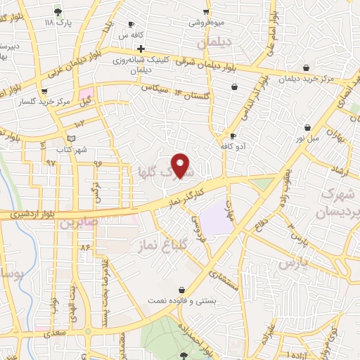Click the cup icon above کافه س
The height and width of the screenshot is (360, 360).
[x=131, y=24]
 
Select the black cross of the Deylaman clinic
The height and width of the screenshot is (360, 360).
[x=141, y=49]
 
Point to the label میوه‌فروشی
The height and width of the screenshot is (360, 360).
[x=206, y=22]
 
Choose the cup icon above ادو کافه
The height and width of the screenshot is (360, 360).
[x=232, y=136]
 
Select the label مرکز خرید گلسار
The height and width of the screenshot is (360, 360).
[x=45, y=101]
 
